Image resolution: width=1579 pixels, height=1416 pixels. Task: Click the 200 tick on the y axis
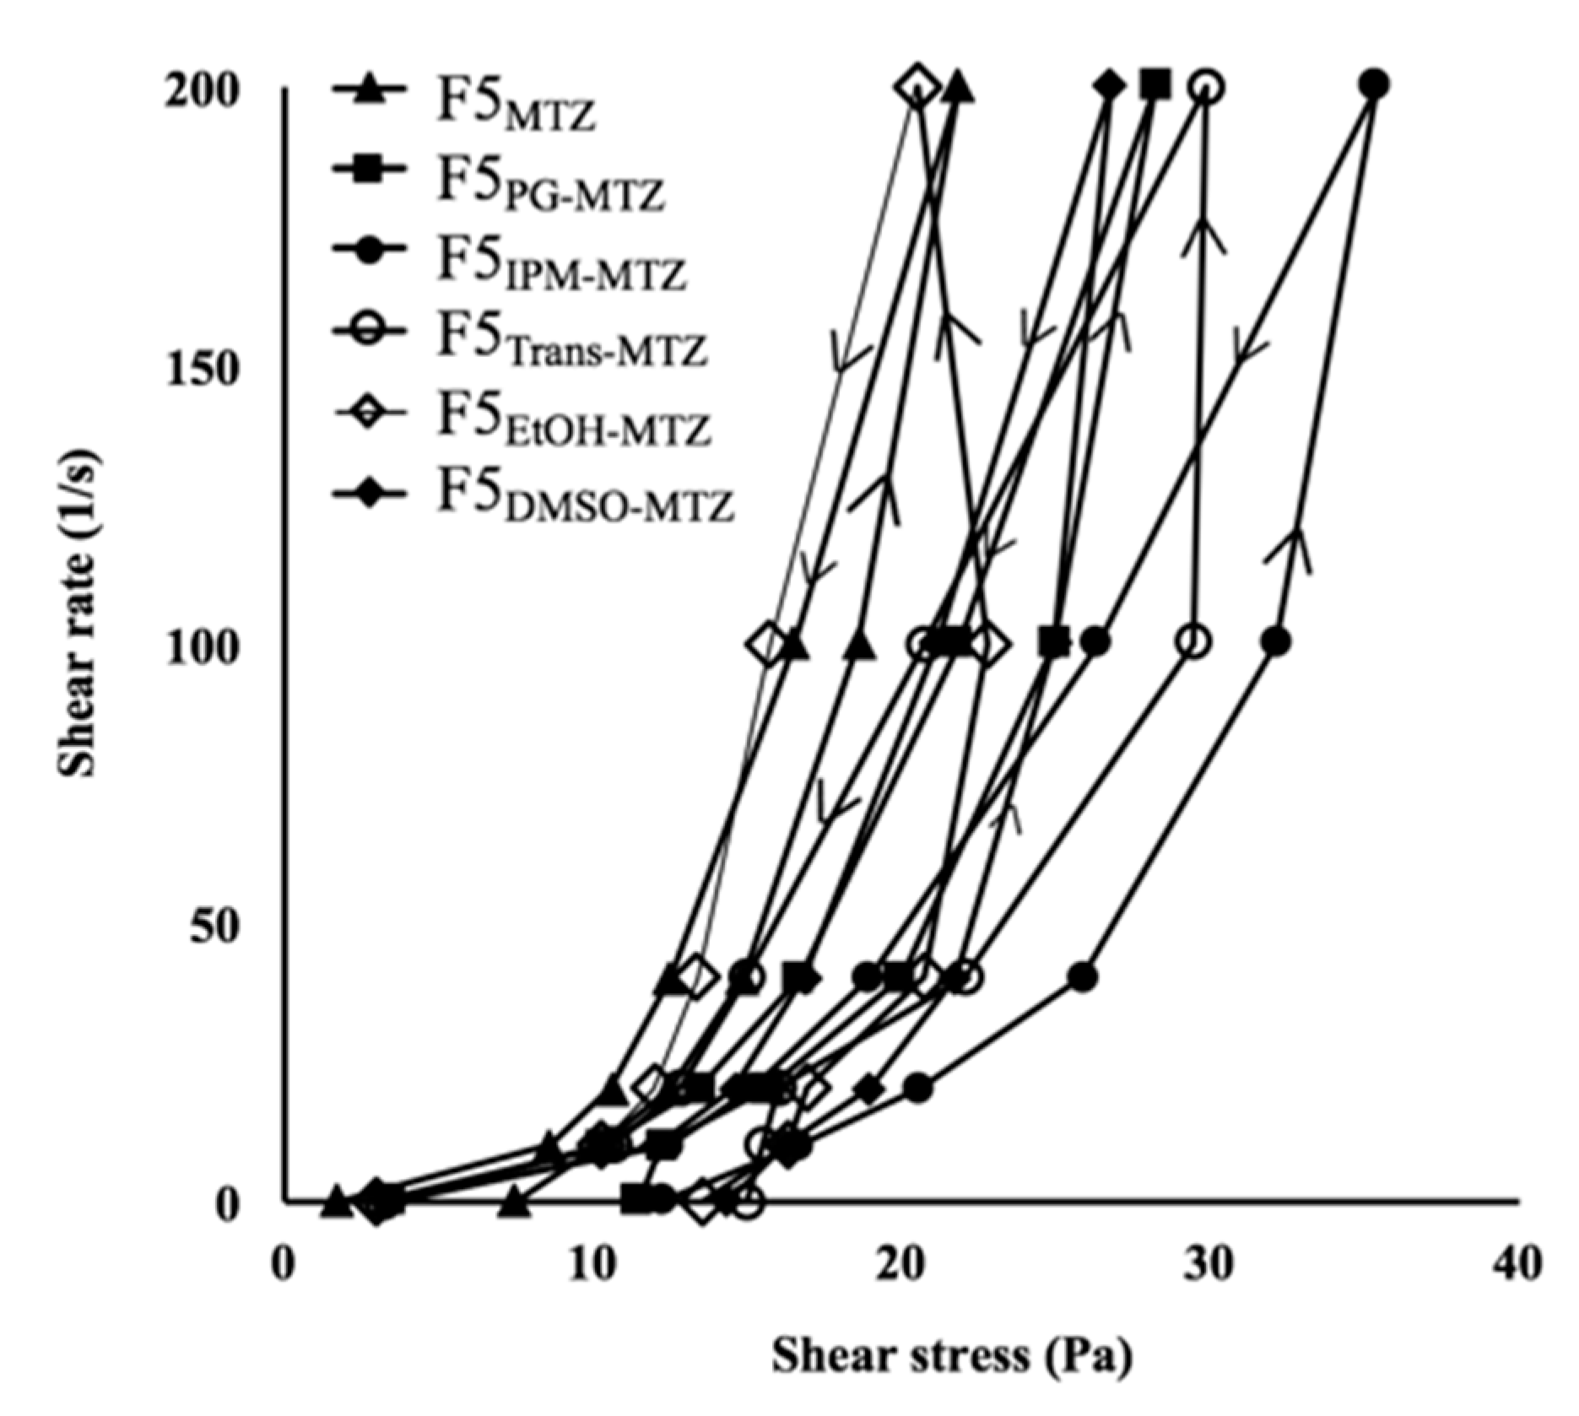point(200,89)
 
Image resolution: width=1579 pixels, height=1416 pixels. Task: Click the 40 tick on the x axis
point(1517,1264)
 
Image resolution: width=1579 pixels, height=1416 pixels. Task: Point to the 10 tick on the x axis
point(594,1264)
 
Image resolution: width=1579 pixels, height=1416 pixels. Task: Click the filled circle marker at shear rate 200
point(1375,84)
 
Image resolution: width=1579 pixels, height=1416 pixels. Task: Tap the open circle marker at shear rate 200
point(1207,86)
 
